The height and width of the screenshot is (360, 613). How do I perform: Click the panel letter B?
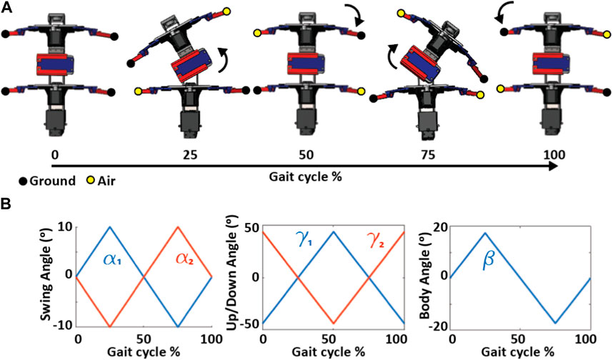tap(7, 204)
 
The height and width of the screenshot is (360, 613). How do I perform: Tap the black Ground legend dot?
tap(7, 181)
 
